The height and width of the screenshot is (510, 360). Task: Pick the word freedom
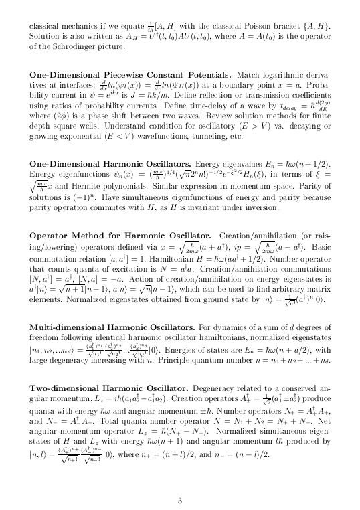click(x=46, y=337)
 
